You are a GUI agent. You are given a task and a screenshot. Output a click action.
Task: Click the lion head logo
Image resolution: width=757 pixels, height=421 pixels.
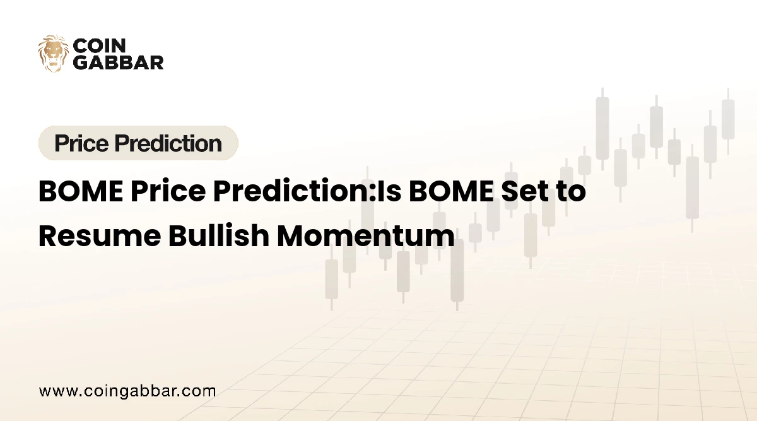click(53, 53)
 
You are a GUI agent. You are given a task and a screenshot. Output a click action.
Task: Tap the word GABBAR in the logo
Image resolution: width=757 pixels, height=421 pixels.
click(119, 62)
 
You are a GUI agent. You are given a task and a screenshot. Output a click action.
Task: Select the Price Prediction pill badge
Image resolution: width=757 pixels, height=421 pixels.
click(138, 143)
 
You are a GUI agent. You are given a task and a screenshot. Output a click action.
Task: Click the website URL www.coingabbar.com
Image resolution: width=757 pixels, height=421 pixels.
click(127, 391)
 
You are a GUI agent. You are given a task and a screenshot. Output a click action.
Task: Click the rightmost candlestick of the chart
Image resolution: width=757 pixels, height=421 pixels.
click(728, 119)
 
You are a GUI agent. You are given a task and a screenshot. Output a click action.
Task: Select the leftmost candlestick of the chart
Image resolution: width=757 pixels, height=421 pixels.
click(331, 278)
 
